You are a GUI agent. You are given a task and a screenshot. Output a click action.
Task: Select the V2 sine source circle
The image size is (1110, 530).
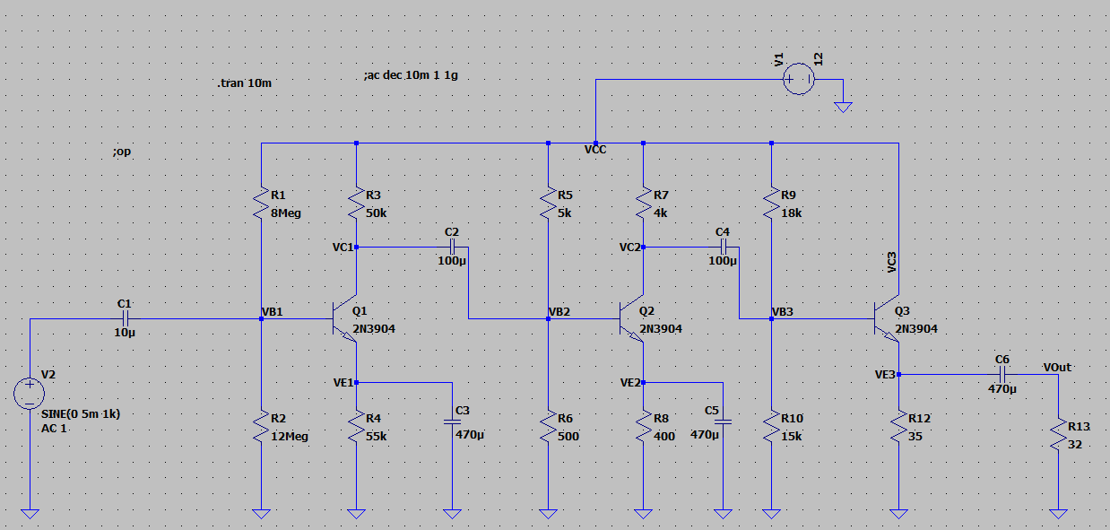coord(30,393)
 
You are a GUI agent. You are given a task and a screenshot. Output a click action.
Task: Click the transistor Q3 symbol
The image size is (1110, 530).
coord(887,318)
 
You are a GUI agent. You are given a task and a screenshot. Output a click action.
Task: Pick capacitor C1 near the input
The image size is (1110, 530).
coord(126,318)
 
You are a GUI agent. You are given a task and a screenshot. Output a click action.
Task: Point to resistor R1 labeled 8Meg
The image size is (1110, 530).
coord(261,203)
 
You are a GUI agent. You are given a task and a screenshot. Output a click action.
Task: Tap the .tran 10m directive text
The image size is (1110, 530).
coord(244,83)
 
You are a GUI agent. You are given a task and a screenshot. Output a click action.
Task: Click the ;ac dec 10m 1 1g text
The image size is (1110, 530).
coord(411,76)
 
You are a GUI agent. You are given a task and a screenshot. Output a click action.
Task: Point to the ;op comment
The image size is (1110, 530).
coord(122,152)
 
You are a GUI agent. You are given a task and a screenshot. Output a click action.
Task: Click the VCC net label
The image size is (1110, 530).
coord(594,150)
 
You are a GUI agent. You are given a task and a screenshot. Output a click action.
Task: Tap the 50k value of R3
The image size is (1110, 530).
coord(377,213)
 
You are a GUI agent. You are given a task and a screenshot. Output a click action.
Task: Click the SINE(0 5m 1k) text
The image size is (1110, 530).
coord(81,414)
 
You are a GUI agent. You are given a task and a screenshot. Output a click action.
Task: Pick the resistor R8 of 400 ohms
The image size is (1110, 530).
coord(643,427)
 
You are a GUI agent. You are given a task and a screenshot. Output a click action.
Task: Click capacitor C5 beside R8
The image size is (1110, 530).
coord(724,420)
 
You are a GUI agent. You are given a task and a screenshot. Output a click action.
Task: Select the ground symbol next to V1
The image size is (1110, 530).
coord(842,104)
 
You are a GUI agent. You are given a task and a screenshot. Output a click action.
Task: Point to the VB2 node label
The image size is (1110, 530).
coord(559,312)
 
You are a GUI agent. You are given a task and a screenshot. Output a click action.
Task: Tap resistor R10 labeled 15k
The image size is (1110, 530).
coord(772,427)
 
